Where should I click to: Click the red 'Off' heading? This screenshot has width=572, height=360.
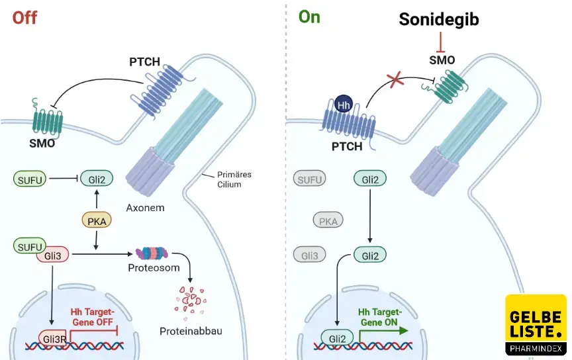click(x=24, y=17)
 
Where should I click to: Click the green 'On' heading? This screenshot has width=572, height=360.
click(x=309, y=17)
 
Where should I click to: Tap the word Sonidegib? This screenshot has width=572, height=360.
click(x=439, y=20)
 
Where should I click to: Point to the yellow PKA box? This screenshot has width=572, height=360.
click(x=97, y=219)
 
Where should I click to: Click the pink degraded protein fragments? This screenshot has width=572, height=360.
click(x=190, y=298)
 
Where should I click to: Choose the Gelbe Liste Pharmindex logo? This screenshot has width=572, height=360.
click(x=535, y=325)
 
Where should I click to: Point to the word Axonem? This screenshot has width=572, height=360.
click(x=145, y=208)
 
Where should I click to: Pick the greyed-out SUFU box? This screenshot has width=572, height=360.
click(x=310, y=178)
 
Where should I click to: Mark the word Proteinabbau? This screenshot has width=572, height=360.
click(x=187, y=329)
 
